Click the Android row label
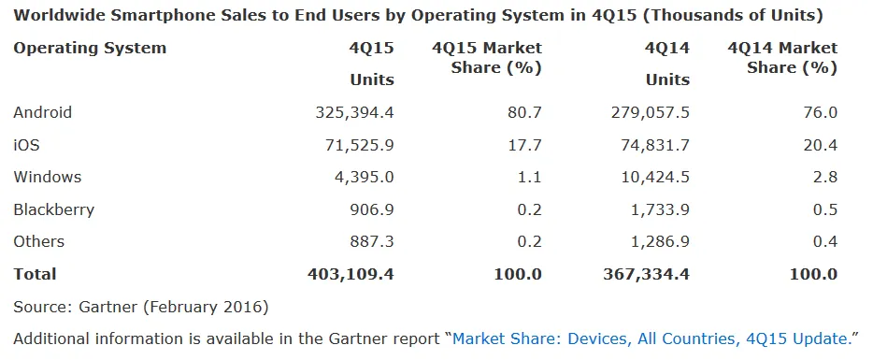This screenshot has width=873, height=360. click(x=42, y=112)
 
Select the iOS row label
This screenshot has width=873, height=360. click(x=26, y=145)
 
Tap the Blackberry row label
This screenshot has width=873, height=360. click(x=53, y=209)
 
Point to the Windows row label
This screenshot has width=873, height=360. click(x=47, y=177)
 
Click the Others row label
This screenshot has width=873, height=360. click(x=38, y=241)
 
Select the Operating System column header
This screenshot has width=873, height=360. click(x=90, y=48)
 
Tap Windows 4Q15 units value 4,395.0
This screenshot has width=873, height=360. click(x=364, y=177)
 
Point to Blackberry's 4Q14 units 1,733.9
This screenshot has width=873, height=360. click(x=659, y=209)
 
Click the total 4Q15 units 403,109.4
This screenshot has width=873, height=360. click(x=351, y=274)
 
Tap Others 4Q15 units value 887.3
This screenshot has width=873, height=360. click(x=372, y=241)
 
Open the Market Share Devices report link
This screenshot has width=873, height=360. click(x=654, y=338)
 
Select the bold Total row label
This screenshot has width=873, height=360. click(x=35, y=274)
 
